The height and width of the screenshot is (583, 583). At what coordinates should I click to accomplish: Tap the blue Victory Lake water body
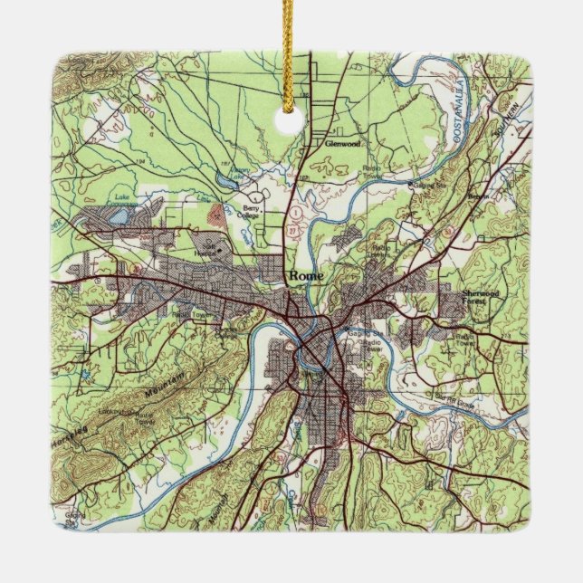pos(240,177)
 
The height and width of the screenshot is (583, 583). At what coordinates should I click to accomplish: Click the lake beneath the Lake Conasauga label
pos(119,215)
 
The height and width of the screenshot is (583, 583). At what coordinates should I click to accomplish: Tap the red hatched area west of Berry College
pos(214,214)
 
